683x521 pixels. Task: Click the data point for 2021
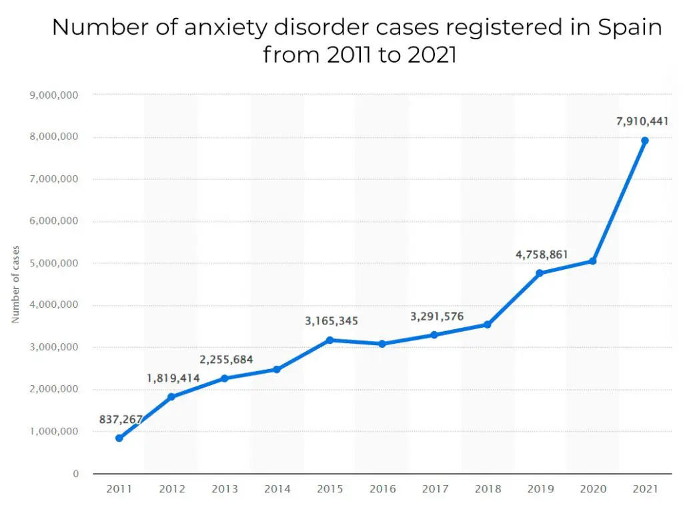tap(644, 141)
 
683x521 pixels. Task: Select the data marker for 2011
tap(119, 438)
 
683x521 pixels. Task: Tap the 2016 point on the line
tap(382, 344)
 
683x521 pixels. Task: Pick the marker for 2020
tap(592, 261)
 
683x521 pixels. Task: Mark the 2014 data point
tap(277, 369)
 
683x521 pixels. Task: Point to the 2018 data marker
tap(488, 324)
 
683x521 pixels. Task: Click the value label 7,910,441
tap(642, 121)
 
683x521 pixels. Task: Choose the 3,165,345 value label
tap(331, 321)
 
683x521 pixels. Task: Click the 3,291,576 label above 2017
tap(437, 316)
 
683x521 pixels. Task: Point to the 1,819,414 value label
tap(173, 378)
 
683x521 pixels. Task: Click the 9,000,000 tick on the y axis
tap(55, 95)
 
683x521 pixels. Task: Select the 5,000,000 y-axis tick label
tap(55, 263)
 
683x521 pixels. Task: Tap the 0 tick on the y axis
tap(76, 474)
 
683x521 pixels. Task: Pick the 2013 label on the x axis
tap(224, 490)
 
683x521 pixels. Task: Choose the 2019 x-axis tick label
tap(540, 490)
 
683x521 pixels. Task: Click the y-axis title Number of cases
tap(15, 284)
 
